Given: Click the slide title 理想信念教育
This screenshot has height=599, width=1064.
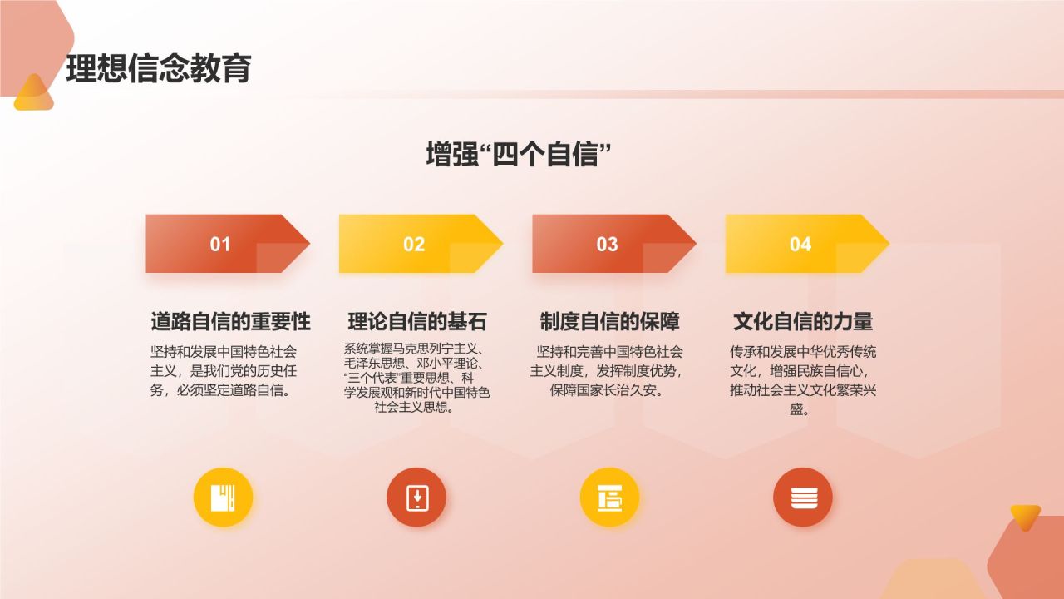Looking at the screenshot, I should click(x=158, y=69).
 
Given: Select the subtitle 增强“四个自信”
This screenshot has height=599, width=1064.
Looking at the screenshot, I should click(x=513, y=155).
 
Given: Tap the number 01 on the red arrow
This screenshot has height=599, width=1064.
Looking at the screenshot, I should click(x=220, y=244).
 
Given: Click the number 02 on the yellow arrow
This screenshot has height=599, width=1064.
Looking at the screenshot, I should click(x=414, y=244).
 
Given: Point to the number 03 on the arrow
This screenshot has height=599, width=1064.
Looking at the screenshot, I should click(x=607, y=244).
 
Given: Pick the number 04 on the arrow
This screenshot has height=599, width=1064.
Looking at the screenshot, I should click(x=800, y=244).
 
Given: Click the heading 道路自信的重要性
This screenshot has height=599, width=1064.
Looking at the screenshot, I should click(x=230, y=321).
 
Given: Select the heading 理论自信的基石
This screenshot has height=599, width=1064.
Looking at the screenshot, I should click(x=416, y=321).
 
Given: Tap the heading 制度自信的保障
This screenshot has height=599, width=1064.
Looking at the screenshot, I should click(x=609, y=321).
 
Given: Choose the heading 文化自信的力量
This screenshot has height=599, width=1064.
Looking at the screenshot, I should click(x=803, y=321).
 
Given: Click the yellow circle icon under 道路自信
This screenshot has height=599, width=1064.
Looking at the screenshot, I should click(x=223, y=498).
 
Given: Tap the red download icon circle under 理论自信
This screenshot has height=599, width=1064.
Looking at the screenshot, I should click(x=416, y=498).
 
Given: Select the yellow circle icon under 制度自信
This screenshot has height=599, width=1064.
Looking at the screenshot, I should click(x=609, y=498).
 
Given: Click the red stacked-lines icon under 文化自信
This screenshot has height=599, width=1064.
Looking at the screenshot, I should click(x=803, y=498).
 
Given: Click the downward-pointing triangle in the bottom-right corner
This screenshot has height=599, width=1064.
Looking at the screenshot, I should click(x=1025, y=517).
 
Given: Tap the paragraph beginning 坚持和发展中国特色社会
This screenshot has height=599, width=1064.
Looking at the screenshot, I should click(x=223, y=370).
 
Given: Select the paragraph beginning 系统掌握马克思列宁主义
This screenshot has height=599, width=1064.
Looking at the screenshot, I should click(x=416, y=378).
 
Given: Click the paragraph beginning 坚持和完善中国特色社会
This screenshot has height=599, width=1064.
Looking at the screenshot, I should click(x=607, y=370).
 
